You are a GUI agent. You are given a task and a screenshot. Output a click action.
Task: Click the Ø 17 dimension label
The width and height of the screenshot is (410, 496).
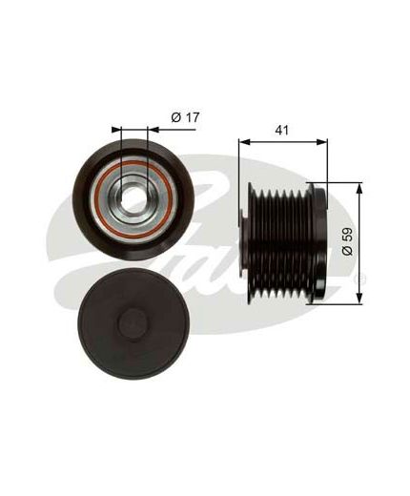point(185,117)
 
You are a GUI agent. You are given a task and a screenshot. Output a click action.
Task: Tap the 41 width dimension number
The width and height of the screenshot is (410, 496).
point(282,130)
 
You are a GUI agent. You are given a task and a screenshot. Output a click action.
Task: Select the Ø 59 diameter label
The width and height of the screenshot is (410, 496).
point(347,241)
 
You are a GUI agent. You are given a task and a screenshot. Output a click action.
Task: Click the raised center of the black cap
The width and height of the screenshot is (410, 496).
point(133,322)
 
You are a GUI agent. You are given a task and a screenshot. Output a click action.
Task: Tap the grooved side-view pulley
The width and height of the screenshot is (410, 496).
point(284,243)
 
